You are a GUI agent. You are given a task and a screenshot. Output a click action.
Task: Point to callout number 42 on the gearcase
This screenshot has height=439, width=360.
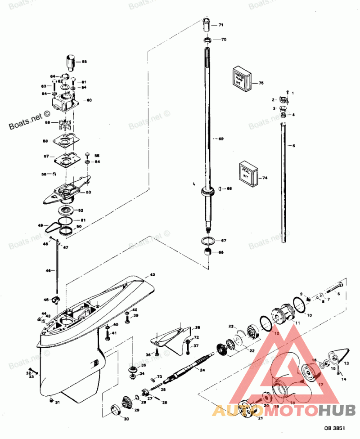pos(152,274)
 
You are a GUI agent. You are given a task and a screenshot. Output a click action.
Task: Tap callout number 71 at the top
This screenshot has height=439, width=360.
pos(221,25)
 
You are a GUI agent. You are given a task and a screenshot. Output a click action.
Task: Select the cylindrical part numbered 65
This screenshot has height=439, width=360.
pos(70,61)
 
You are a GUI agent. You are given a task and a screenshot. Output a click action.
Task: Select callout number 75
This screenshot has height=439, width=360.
pos(261,83)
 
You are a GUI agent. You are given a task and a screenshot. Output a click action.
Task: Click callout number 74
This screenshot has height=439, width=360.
pos(265,178)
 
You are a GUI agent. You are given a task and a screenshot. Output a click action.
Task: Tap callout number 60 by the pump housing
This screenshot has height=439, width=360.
pos(89,100)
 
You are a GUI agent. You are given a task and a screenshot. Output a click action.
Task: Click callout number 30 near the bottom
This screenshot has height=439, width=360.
pos(126,419)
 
